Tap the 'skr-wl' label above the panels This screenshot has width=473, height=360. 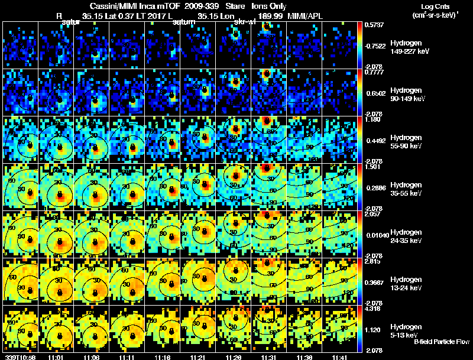click(245, 22)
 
